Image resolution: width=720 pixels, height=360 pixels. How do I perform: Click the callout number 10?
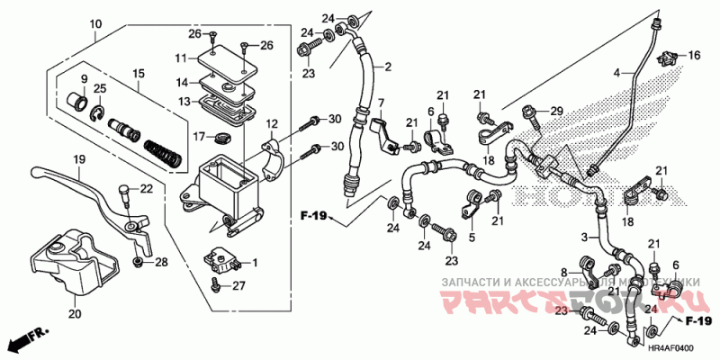click(96, 23)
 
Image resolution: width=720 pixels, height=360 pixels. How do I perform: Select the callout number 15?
click(139, 73)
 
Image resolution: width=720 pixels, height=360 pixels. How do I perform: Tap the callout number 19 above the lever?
click(78, 158)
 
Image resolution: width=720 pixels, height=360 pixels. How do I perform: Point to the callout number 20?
click(74, 314)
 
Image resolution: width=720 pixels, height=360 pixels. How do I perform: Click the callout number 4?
click(617, 71)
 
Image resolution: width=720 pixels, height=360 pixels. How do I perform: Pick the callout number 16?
click(694, 56)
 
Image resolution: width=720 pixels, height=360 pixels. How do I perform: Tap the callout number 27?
click(239, 286)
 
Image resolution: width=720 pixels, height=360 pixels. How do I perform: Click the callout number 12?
click(271, 123)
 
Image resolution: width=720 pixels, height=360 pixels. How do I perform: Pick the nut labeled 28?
click(137, 262)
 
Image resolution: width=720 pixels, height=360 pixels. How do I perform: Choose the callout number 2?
click(388, 67)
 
